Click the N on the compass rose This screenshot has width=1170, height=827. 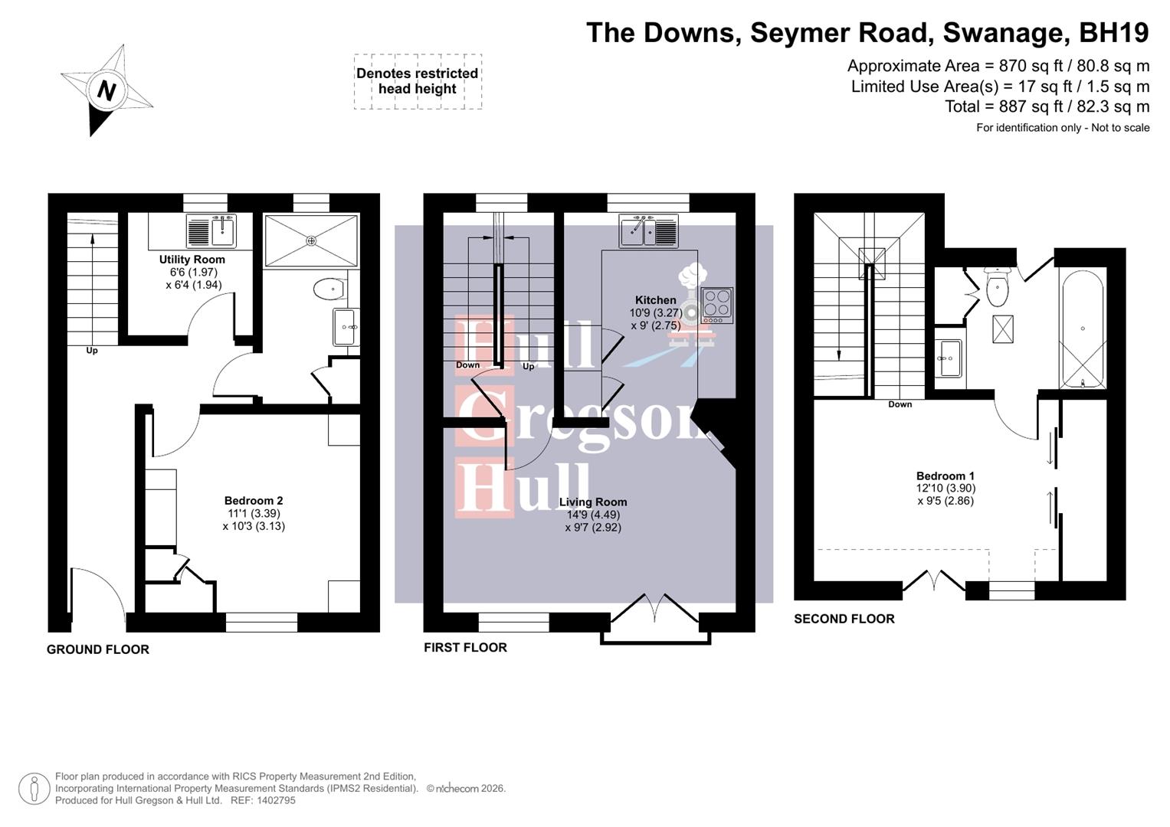107,90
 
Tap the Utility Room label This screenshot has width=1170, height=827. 192,260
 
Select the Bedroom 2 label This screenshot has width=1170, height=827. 253,501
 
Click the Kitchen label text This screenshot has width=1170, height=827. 655,300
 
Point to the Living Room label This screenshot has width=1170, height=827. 593,502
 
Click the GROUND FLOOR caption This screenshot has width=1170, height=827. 98,649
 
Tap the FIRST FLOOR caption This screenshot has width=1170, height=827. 465,647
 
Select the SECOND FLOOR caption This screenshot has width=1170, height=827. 844,619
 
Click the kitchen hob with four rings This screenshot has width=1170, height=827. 717,305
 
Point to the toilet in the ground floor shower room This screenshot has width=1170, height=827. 329,289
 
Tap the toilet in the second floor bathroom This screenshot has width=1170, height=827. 997,288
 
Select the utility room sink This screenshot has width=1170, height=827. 211,230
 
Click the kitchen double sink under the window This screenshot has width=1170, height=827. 649,230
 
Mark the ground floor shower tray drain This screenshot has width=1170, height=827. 311,241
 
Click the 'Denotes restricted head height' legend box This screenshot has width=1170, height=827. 418,81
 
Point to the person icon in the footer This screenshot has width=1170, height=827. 34,788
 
